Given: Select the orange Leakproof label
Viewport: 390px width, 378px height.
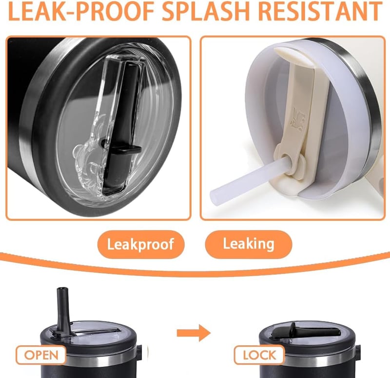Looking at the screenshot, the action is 141,244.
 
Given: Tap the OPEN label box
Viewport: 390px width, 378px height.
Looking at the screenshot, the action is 41,355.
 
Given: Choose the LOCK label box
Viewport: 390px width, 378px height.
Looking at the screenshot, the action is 259,355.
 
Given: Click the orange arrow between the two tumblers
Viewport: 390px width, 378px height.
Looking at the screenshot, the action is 194,333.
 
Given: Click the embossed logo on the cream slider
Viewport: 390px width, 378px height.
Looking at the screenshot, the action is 298,119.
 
